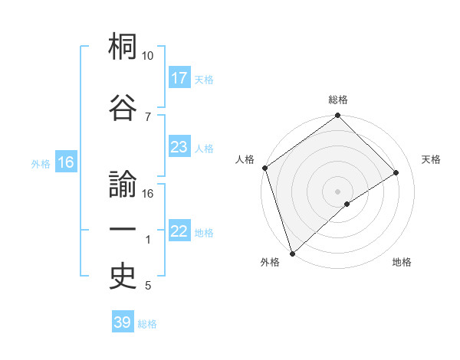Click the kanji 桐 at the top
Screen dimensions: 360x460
point(123,48)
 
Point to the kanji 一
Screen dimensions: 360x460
point(123,230)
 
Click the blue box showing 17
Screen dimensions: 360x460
point(179,78)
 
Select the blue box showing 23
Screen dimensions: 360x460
point(179,147)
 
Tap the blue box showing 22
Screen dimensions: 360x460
point(179,231)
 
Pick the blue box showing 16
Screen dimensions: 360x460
point(66,162)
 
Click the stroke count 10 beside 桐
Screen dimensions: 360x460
point(148,56)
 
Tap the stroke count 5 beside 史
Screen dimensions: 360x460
point(148,286)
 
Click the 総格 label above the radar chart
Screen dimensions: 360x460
point(338,100)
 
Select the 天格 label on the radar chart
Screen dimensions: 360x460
point(432,159)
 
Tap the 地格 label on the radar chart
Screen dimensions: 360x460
point(402,262)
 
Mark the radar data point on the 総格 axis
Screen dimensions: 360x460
point(337,116)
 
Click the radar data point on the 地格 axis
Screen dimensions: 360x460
point(347,204)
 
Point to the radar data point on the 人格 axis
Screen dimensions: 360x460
point(264,168)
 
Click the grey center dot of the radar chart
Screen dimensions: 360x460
point(337,191)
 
